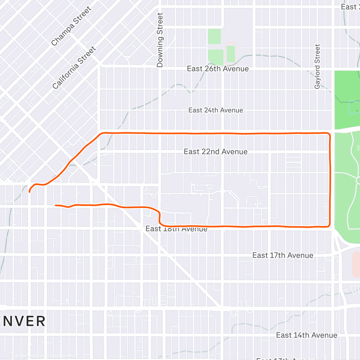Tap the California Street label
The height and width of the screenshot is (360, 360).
74,67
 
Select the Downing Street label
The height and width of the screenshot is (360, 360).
160,40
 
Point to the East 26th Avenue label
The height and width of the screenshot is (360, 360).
217,69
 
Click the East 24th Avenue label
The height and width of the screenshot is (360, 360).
215,110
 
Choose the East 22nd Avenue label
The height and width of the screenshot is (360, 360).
215,151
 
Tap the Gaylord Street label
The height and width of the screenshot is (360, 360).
317,66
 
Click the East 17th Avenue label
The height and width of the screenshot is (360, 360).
283,255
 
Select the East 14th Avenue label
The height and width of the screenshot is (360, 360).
307,335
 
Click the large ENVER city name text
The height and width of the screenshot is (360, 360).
23,321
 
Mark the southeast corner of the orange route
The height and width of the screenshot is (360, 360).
329,226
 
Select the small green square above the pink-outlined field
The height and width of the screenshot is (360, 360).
214,37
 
